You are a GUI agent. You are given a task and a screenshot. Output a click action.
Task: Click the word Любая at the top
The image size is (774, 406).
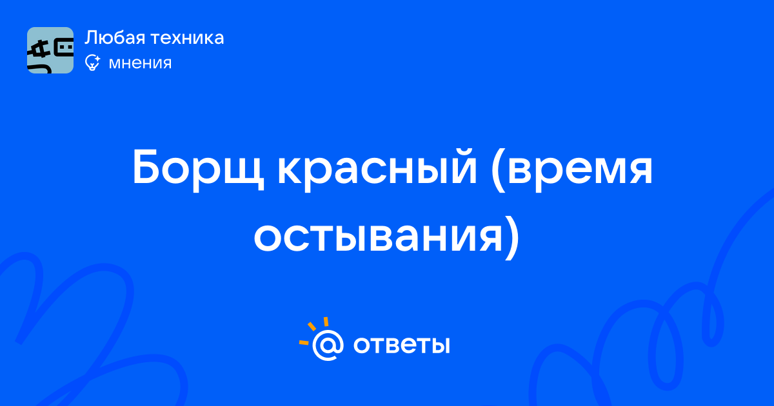[115, 38]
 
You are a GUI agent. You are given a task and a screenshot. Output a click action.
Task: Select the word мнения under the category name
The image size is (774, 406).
[140, 63]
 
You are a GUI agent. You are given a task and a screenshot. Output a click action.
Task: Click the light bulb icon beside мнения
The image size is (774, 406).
[92, 63]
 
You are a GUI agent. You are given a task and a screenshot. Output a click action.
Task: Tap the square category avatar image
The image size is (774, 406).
[50, 50]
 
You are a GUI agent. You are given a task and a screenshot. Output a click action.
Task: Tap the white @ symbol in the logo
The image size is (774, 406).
[328, 345]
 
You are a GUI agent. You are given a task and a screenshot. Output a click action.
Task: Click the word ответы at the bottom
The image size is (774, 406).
[401, 345]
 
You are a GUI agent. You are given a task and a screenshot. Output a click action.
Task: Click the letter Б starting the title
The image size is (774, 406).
[147, 167]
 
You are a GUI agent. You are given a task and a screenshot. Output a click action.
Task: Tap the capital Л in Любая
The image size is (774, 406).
[92, 38]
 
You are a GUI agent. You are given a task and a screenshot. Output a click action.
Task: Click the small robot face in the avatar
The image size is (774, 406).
[64, 47]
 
